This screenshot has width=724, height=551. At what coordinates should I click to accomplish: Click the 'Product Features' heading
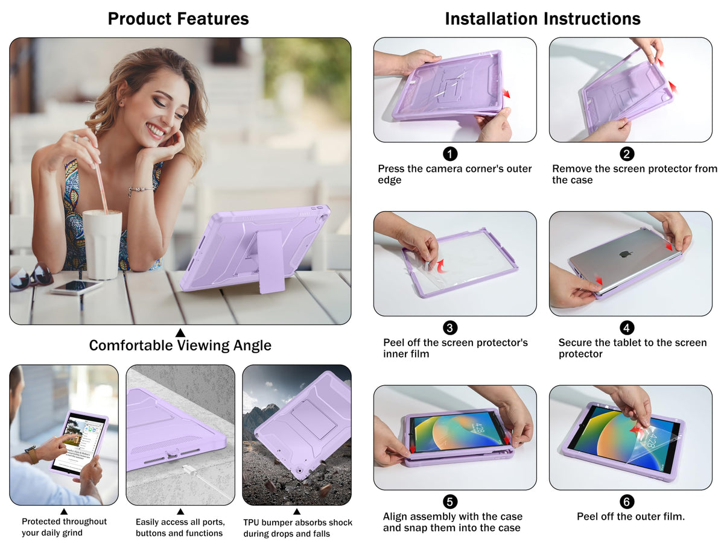(x=178, y=19)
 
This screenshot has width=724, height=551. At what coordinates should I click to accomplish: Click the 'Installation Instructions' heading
(x=542, y=19)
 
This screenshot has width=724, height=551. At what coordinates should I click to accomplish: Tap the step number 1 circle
(x=450, y=154)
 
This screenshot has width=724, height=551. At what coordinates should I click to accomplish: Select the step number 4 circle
(x=627, y=327)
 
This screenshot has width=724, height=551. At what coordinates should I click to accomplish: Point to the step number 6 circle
(x=627, y=502)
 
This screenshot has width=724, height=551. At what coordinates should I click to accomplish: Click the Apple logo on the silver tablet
(x=623, y=254)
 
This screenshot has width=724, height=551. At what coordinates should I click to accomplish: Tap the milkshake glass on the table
(x=102, y=245)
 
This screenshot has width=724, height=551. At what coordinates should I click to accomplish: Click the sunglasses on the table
(x=31, y=277)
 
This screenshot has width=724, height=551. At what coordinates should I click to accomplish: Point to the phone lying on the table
(x=77, y=287)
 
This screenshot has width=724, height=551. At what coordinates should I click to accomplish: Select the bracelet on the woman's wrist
(x=141, y=190)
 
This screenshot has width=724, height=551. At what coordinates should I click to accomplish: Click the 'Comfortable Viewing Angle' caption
(x=180, y=345)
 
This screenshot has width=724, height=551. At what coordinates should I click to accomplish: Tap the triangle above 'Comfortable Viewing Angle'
(x=180, y=333)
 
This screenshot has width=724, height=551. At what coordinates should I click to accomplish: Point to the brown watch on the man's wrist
(x=31, y=455)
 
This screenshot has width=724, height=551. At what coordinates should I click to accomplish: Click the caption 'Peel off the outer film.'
(x=630, y=517)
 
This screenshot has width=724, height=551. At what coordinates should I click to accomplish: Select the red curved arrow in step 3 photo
(x=442, y=266)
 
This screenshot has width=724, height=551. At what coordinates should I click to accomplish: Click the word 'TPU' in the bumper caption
(x=252, y=523)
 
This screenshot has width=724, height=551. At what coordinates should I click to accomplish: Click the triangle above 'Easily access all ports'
(x=180, y=511)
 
